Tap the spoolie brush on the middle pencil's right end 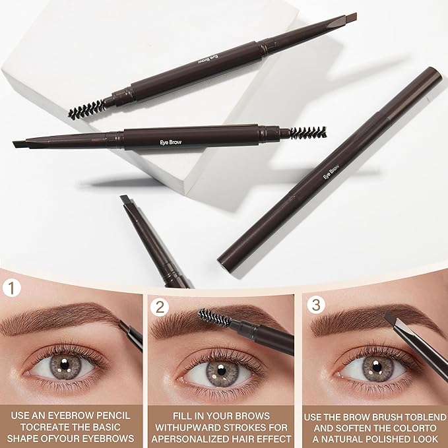tap(307, 133)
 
